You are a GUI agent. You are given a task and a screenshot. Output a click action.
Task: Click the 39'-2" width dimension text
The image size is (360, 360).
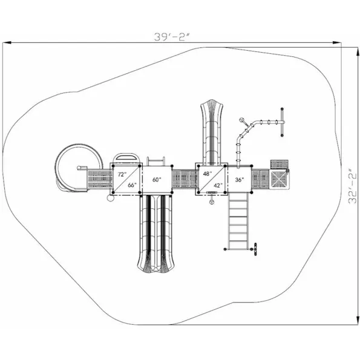point(172,37)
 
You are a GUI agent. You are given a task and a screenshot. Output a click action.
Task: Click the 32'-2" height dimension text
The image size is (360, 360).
point(353,186)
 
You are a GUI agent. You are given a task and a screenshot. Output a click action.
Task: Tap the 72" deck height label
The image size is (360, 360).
point(122,174)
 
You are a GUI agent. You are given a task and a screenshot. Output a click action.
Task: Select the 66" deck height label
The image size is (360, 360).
point(132,185)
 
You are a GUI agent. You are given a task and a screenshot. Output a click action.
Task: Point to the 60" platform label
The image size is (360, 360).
point(157,180)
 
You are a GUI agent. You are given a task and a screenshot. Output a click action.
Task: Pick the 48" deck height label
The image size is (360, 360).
point(208,174)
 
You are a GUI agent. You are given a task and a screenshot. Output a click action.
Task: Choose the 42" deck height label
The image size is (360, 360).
point(218,185)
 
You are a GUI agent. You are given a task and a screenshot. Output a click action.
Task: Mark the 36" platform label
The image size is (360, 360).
point(240,180)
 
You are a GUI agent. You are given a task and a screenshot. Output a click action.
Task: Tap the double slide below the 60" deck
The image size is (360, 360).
point(156,234)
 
